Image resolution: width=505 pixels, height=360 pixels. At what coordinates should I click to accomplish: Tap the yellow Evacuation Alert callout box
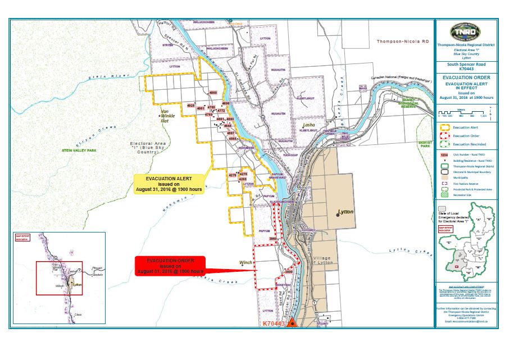pyautogui.click(x=169, y=184)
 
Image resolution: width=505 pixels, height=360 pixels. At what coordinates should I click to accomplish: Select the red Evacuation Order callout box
pyautogui.click(x=170, y=266)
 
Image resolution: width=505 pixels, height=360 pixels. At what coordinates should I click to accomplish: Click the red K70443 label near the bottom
pyautogui.click(x=275, y=323)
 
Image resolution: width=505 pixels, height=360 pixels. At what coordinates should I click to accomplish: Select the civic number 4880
pyautogui.click(x=212, y=92)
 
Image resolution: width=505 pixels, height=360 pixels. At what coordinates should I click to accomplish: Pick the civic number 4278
pyautogui.click(x=233, y=175)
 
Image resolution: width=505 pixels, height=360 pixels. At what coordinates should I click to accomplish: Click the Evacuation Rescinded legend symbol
pyautogui.click(x=444, y=144)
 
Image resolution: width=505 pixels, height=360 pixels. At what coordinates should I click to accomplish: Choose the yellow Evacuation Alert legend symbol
pyautogui.click(x=444, y=127)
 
